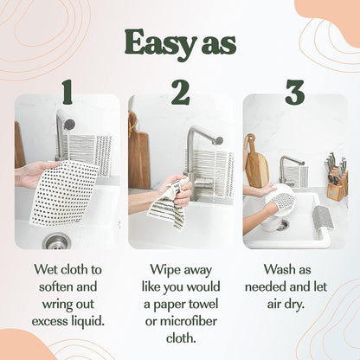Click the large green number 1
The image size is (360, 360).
(x=67, y=91)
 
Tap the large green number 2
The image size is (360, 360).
(x=180, y=91)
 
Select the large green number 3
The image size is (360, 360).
(x=294, y=91)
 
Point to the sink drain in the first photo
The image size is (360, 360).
(x=55, y=241)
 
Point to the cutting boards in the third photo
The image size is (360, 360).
(x=257, y=164)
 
